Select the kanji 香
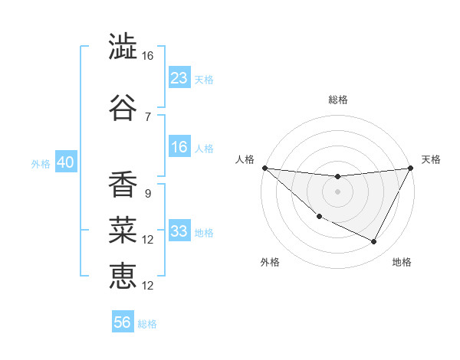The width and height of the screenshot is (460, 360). point(123,184)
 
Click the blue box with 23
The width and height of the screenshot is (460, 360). point(179,77)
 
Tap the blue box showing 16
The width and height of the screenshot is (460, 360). point(179,147)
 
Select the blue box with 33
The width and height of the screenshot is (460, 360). point(179,231)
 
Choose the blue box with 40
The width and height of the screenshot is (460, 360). point(65,162)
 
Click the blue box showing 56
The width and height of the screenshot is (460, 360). point(123,322)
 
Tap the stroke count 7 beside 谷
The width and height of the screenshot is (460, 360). point(147,116)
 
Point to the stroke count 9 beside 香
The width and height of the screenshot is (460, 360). point(147,193)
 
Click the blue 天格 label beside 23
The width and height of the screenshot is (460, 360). point(204,79)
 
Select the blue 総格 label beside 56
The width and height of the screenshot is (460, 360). point(147,324)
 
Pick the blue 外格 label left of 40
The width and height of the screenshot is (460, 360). point(41,163)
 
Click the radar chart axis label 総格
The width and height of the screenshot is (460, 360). point(337,100)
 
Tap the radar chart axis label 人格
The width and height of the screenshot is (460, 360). point(245,159)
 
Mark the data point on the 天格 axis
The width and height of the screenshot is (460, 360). point(410,168)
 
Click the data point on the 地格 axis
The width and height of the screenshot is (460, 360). point(374,242)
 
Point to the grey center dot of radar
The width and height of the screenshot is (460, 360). point(337,191)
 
